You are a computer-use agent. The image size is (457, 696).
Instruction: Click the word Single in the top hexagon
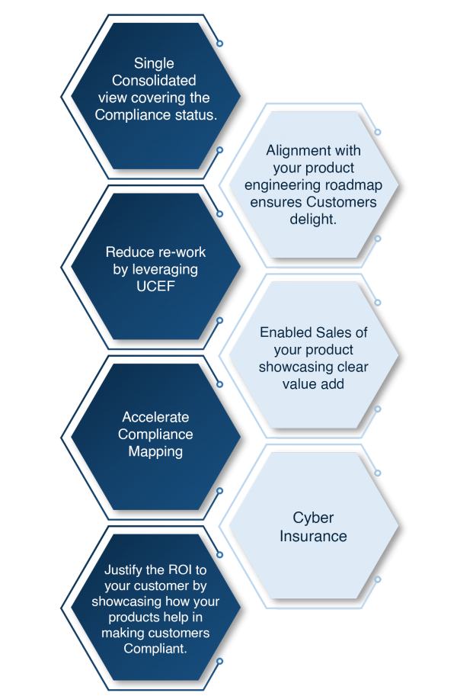154,64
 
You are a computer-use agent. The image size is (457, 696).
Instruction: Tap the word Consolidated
154,80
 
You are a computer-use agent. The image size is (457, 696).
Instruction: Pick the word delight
313,220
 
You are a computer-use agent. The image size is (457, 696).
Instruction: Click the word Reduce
125,252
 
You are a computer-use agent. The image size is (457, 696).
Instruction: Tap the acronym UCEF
155,287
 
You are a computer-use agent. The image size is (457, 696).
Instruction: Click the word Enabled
286,332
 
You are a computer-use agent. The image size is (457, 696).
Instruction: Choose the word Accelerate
155,417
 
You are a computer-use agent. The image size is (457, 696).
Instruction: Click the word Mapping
155,452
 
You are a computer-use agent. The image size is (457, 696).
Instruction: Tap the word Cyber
313,518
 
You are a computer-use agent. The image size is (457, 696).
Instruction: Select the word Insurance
313,536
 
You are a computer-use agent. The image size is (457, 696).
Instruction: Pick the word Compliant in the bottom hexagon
155,649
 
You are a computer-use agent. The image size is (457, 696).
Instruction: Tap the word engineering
282,185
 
